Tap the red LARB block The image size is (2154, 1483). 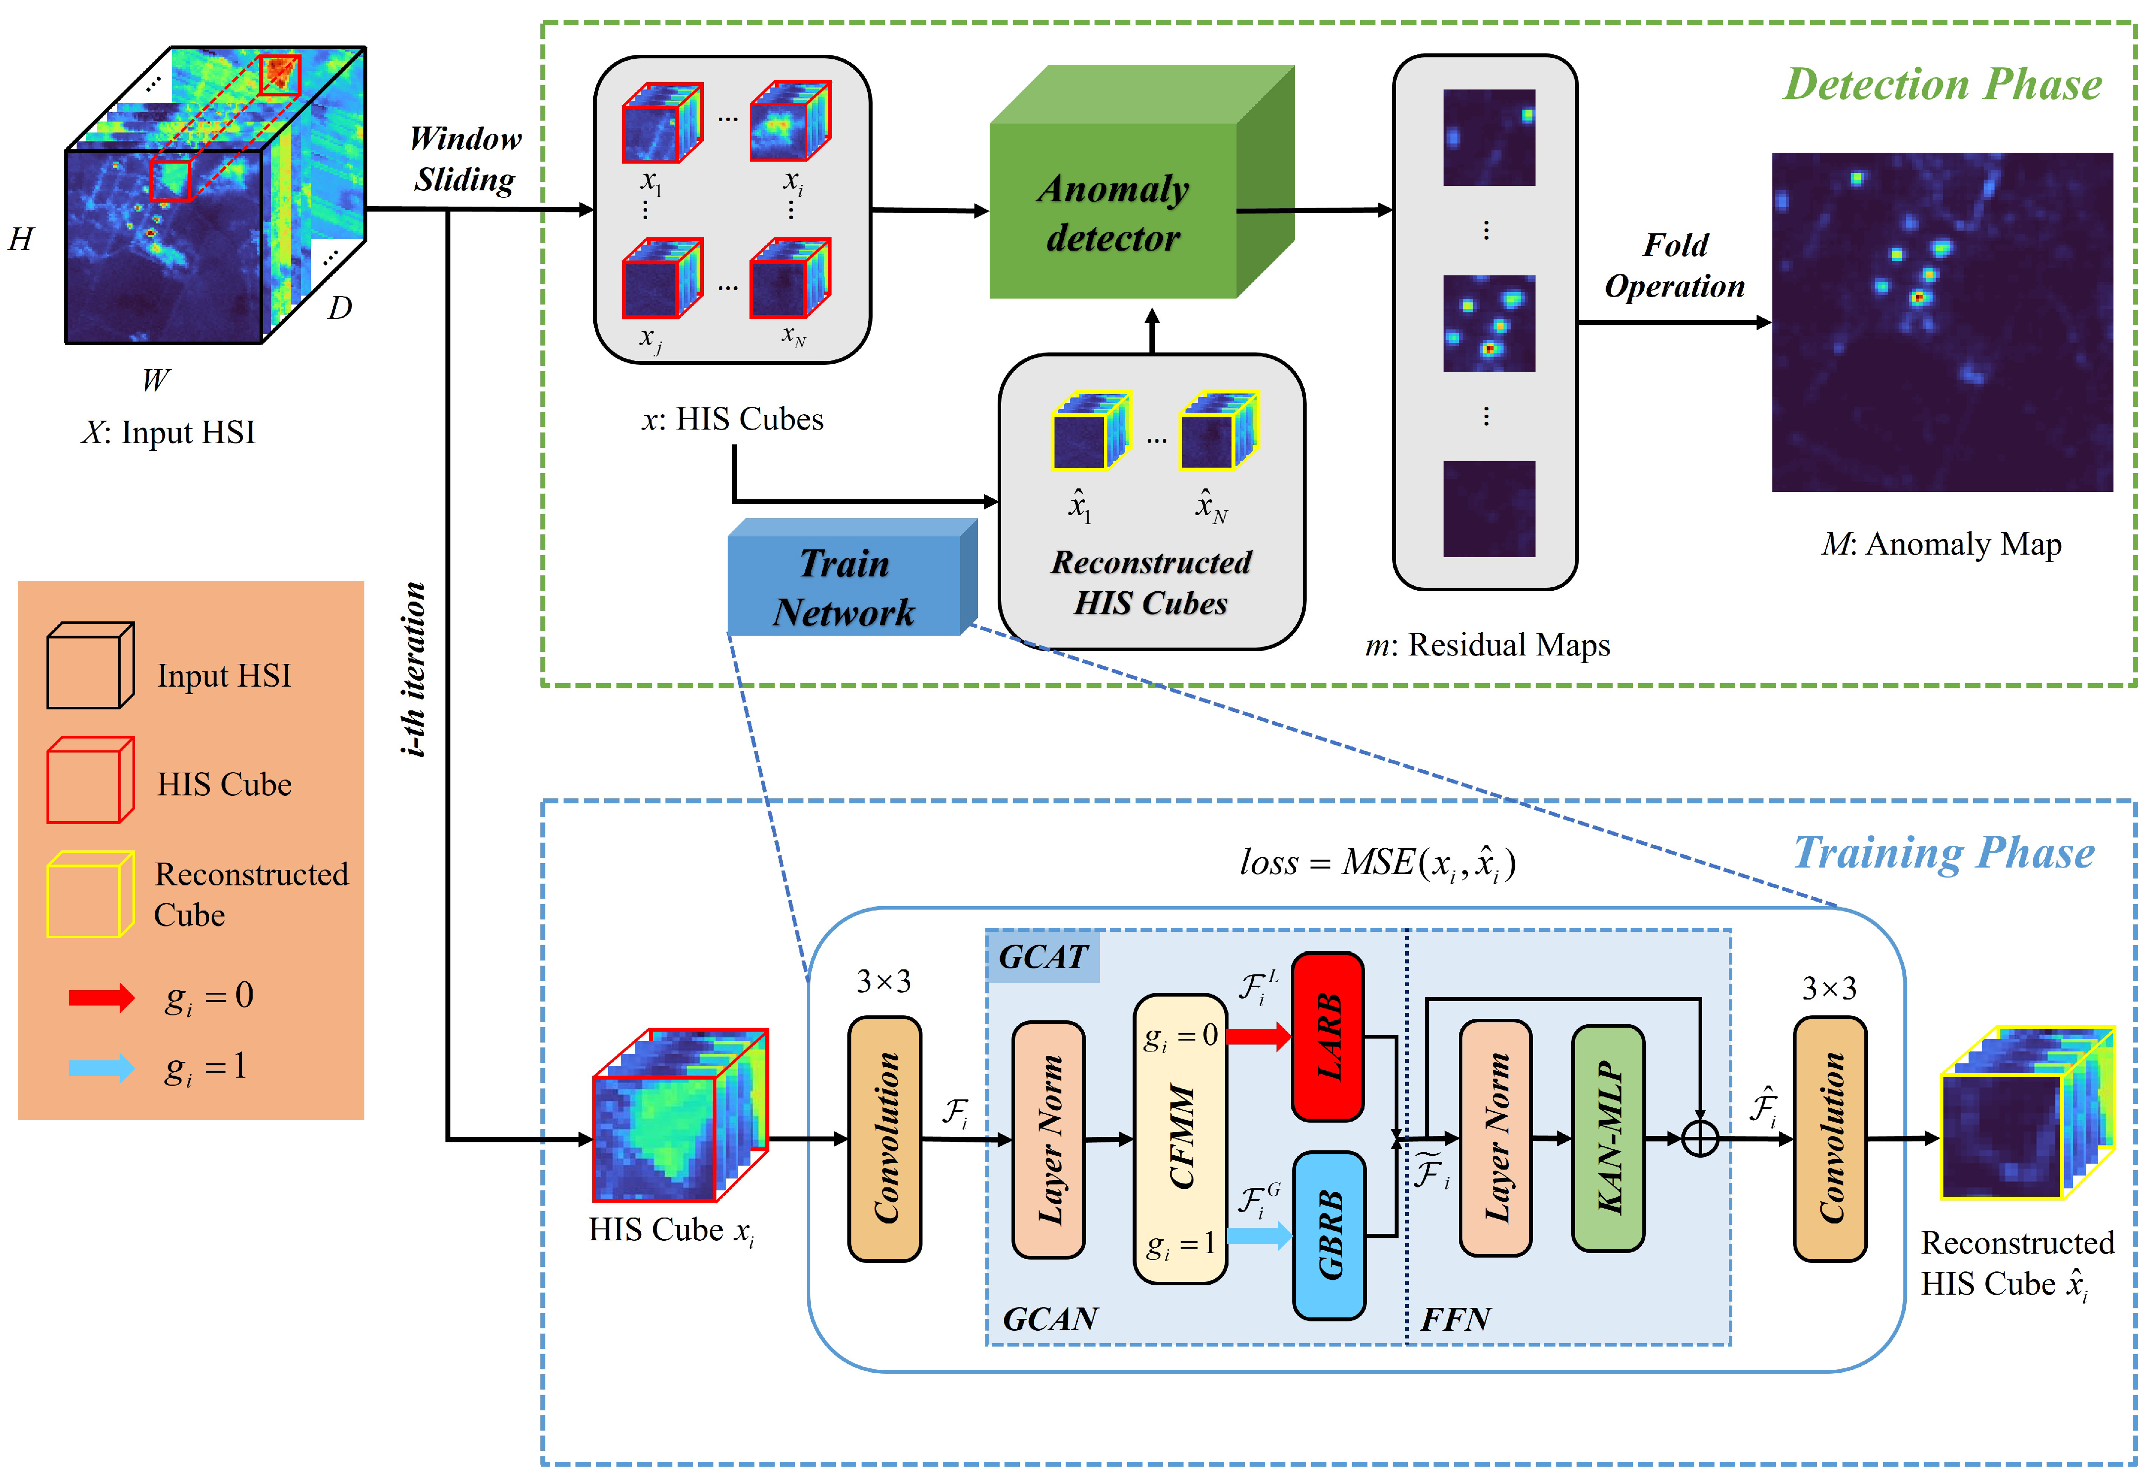click(1328, 1036)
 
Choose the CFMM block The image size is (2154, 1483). click(1180, 1138)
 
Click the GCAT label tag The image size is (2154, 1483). click(1043, 956)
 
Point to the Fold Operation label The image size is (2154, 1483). click(1674, 266)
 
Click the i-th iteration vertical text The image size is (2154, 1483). click(414, 669)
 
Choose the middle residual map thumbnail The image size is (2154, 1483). click(1489, 323)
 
